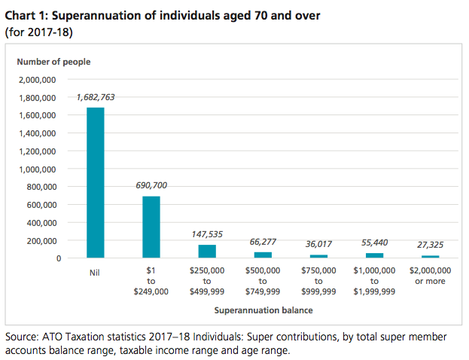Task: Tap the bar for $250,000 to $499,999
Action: coord(207,252)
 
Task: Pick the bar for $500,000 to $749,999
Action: coord(263,255)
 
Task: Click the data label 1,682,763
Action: coord(96,97)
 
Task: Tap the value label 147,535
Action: coord(207,234)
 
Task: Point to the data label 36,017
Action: coord(318,244)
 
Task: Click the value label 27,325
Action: coord(430,246)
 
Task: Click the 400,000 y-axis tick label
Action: coord(41,223)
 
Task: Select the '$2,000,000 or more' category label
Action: coord(430,276)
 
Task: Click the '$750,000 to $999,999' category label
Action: coord(318,281)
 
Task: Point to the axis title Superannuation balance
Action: coord(263,310)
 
